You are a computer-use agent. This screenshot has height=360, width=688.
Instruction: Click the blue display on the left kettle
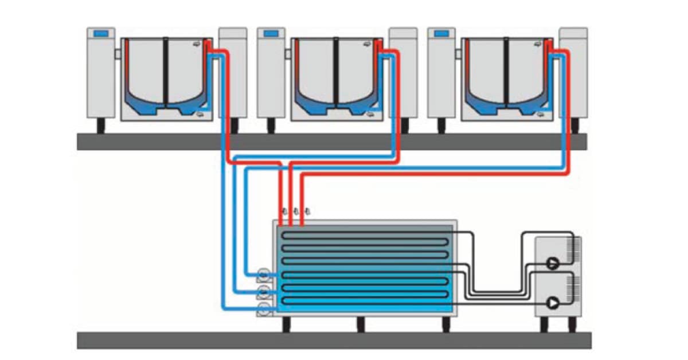pyautogui.click(x=100, y=34)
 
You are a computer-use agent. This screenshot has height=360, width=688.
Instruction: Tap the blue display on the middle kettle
pyautogui.click(x=271, y=34)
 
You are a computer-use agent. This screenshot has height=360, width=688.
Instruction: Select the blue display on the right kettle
pyautogui.click(x=441, y=34)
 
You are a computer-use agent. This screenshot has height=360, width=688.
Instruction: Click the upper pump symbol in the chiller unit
pyautogui.click(x=553, y=263)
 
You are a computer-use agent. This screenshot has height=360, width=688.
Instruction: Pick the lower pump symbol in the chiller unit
pyautogui.click(x=553, y=302)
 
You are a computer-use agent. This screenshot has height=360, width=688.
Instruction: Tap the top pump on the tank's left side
pyautogui.click(x=264, y=274)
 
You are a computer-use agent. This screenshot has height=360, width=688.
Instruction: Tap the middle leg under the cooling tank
pyautogui.click(x=361, y=324)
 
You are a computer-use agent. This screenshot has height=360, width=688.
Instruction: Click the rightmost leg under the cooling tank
pyautogui.click(x=445, y=324)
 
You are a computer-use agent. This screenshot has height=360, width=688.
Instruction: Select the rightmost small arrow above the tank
pyautogui.click(x=307, y=210)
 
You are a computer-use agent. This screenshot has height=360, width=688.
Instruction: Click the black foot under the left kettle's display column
pyautogui.click(x=100, y=126)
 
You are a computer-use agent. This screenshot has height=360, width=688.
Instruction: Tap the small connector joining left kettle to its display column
pyautogui.click(x=118, y=54)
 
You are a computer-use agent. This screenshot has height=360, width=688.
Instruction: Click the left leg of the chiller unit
pyautogui.click(x=544, y=325)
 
